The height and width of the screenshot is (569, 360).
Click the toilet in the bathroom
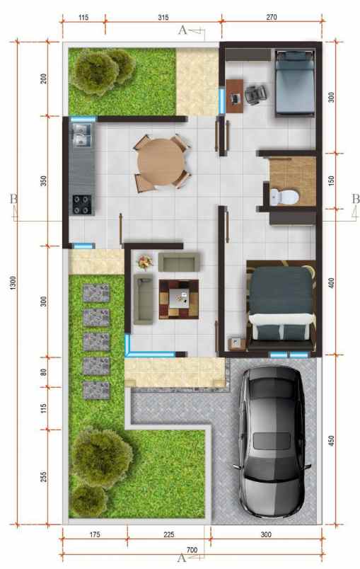coord(285,195)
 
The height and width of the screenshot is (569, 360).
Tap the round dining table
coord(159,162)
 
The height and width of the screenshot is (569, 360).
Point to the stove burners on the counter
coord(81,204)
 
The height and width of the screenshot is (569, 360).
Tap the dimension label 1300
coord(13,282)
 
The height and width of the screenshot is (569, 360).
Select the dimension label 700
coord(192,549)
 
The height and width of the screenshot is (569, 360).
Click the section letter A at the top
coord(183,30)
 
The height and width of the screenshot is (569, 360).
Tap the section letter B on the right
coord(354,199)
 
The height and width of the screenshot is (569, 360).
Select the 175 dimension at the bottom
coord(94,534)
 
